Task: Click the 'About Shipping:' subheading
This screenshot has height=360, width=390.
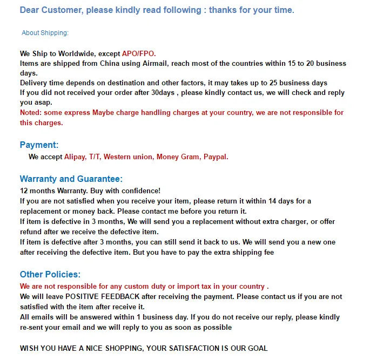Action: tap(45, 33)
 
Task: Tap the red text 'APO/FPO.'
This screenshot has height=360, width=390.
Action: tap(139, 53)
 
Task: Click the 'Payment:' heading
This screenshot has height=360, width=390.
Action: tap(39, 145)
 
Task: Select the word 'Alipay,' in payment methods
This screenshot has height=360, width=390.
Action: tap(75, 157)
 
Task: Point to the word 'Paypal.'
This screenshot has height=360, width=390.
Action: tap(216, 157)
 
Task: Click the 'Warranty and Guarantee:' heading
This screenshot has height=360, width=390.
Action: tap(71, 179)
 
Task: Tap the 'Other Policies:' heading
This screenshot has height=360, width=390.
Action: tap(50, 274)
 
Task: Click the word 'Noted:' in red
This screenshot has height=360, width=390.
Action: tap(31, 113)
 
